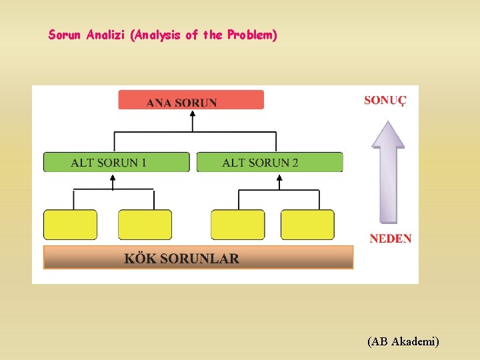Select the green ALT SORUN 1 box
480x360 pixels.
click(x=117, y=162)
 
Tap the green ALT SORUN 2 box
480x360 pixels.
click(x=269, y=162)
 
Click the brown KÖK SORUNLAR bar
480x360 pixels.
click(x=198, y=257)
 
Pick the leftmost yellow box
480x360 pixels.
click(x=70, y=225)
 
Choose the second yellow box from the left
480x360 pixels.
click(x=145, y=225)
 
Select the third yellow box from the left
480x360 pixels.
click(x=237, y=225)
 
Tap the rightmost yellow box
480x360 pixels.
click(x=307, y=225)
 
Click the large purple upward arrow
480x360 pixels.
click(x=387, y=170)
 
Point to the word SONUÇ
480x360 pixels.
click(x=385, y=101)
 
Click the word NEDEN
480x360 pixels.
click(x=390, y=239)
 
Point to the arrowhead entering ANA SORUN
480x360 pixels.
click(x=193, y=113)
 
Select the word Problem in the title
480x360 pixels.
click(x=251, y=35)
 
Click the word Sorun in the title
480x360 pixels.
click(x=65, y=35)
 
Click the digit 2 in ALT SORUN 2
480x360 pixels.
click(x=295, y=163)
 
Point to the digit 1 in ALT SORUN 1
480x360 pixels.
click(x=143, y=163)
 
